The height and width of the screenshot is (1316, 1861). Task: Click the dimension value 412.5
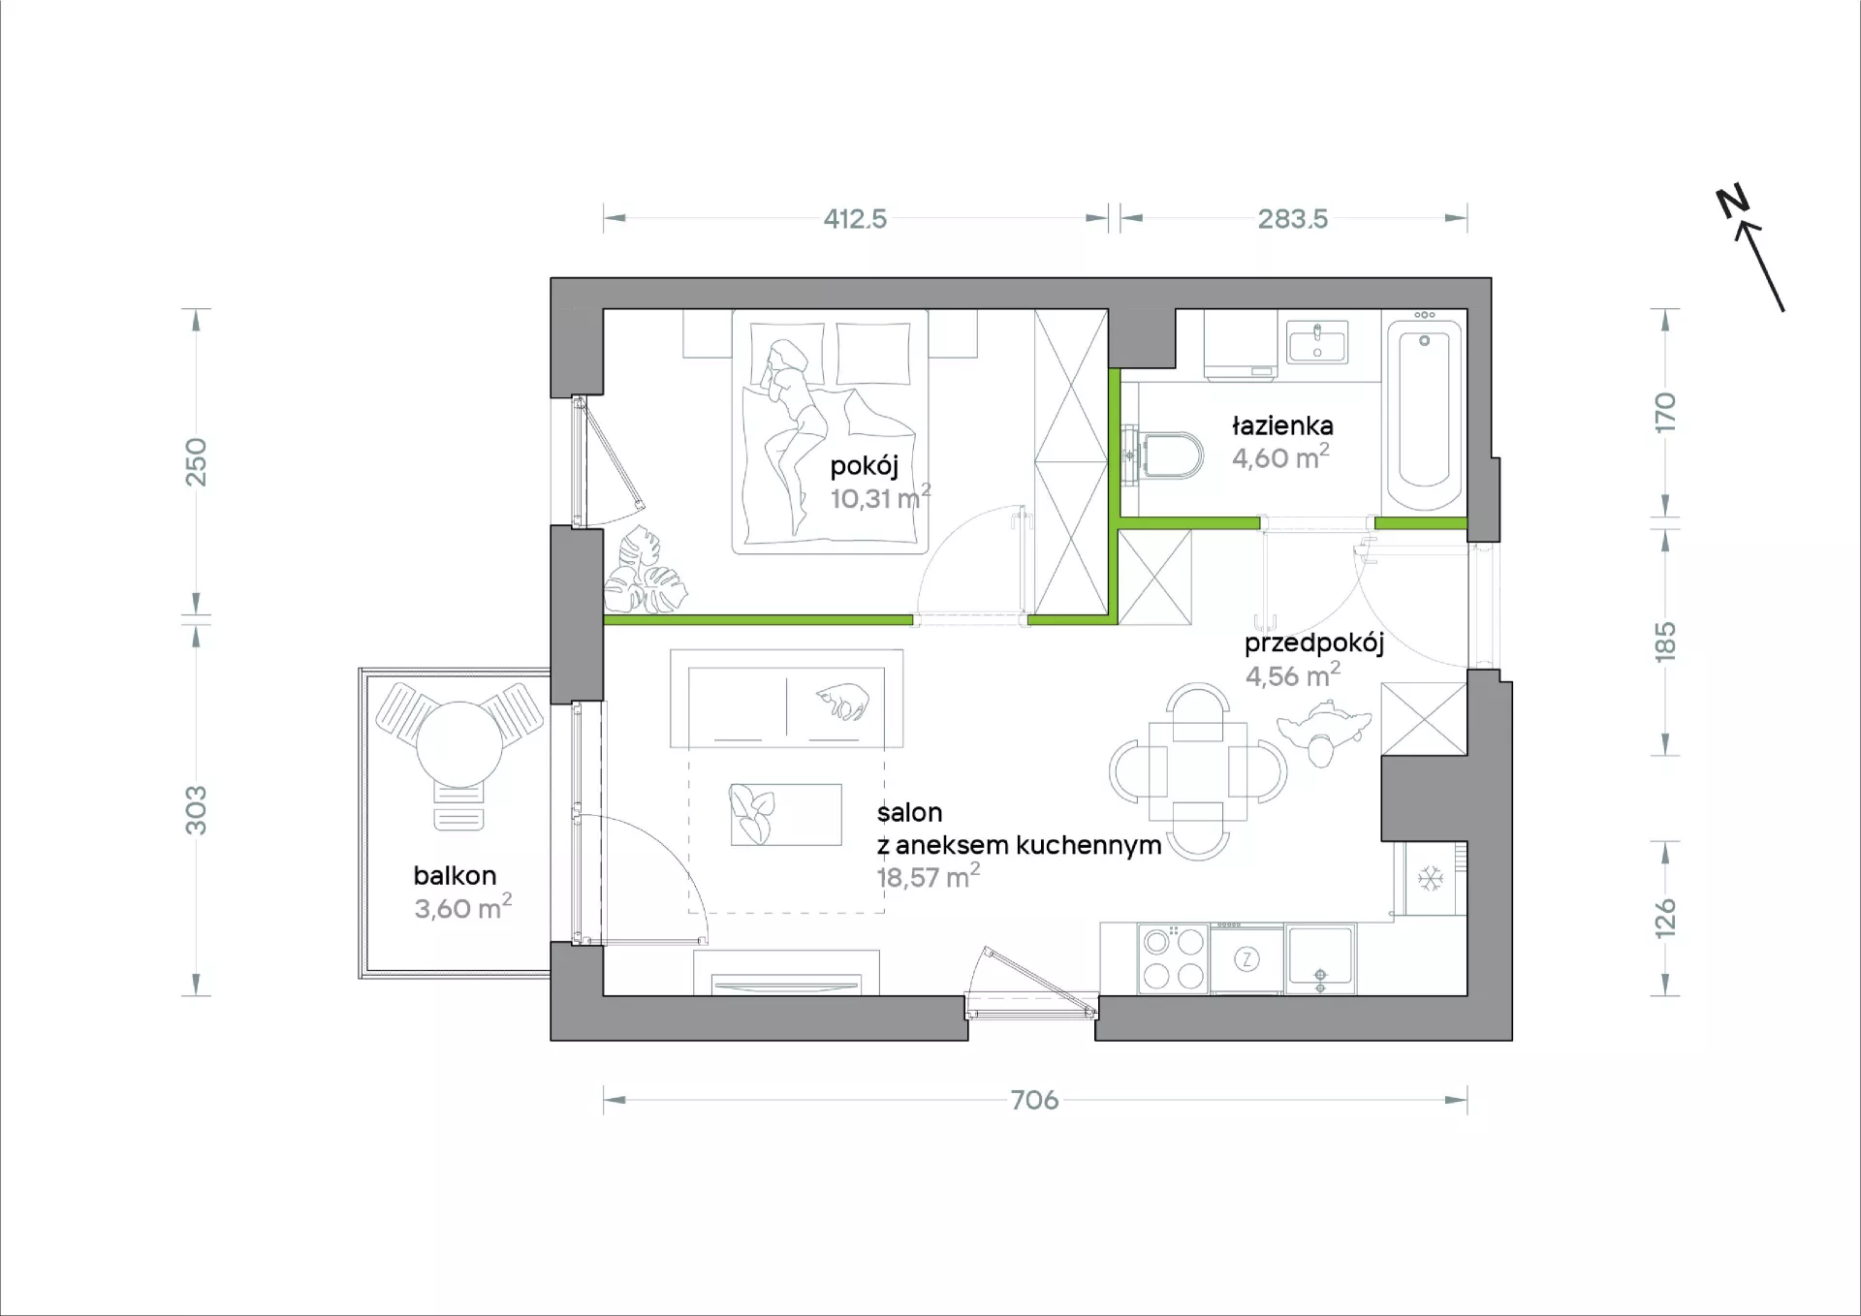(855, 219)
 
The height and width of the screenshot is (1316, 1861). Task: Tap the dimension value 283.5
(1293, 219)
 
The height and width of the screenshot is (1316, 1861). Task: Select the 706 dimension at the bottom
(1034, 1100)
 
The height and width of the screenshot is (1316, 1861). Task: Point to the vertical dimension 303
(197, 810)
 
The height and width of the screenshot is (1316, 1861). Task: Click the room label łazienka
(1282, 425)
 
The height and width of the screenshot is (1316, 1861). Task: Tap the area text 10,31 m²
(880, 498)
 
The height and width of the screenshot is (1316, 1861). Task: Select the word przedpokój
(1314, 644)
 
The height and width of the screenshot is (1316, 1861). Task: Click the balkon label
(455, 876)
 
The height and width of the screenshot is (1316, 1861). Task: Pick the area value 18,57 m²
(928, 877)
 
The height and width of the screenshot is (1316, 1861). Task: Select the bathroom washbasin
(1317, 342)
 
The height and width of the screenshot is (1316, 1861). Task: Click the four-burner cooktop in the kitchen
(1173, 958)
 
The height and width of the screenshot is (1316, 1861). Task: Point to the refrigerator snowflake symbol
(1431, 879)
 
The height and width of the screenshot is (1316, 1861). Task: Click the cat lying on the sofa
(842, 701)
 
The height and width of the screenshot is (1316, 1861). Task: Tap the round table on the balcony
(459, 743)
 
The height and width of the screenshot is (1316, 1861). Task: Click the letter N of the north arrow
(1732, 202)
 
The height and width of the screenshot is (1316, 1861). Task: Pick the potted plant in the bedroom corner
(645, 573)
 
